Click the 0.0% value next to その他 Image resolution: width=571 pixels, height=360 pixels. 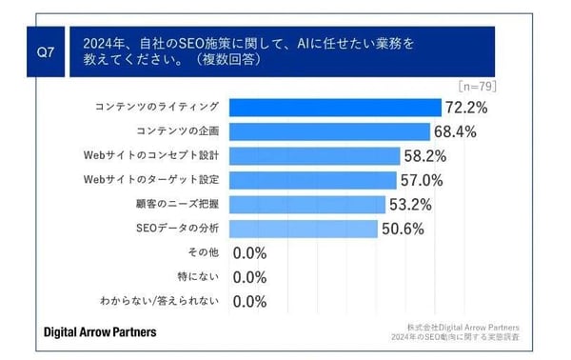[x=248, y=253]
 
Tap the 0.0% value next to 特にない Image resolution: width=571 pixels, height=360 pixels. [x=248, y=277]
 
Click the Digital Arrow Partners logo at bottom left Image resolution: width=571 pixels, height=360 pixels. [x=101, y=331]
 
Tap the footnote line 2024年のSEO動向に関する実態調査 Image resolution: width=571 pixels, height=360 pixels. [x=462, y=337]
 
